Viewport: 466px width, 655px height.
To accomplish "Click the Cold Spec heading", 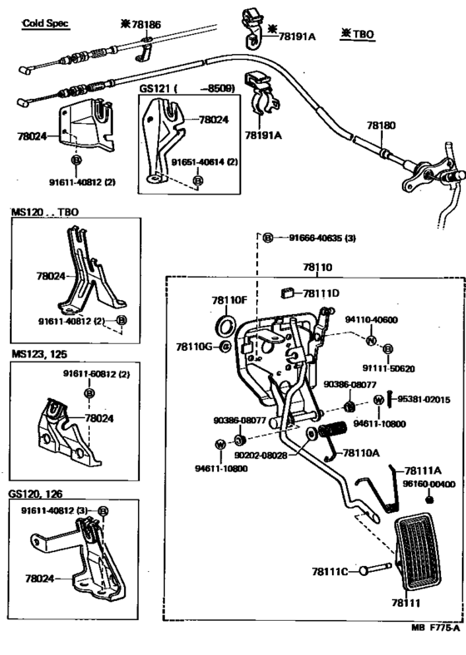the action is (46, 23).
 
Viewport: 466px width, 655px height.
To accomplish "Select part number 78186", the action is (146, 25).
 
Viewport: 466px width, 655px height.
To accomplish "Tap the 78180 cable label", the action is (380, 126).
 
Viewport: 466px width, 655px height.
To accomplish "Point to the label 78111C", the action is (330, 571).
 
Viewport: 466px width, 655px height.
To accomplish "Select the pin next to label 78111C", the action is (375, 569).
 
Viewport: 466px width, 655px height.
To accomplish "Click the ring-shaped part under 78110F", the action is (225, 326).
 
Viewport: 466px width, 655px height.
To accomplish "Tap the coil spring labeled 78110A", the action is (333, 435).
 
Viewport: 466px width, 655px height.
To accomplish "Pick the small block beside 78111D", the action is (287, 293).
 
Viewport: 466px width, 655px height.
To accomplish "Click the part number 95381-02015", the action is (424, 400).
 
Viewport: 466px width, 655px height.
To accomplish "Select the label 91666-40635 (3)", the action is (322, 238).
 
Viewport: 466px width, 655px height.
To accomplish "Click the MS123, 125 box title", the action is (39, 354).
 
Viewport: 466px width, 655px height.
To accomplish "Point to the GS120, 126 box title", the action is (36, 494).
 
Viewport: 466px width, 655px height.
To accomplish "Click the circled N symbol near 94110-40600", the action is (371, 341).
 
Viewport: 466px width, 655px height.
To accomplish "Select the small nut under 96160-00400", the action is (429, 500).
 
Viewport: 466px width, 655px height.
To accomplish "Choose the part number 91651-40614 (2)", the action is (205, 161).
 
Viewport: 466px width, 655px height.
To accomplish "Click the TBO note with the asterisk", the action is (358, 34).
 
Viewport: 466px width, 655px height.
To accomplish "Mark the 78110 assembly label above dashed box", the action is (318, 268).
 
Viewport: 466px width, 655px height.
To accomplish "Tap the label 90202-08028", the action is (261, 455).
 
